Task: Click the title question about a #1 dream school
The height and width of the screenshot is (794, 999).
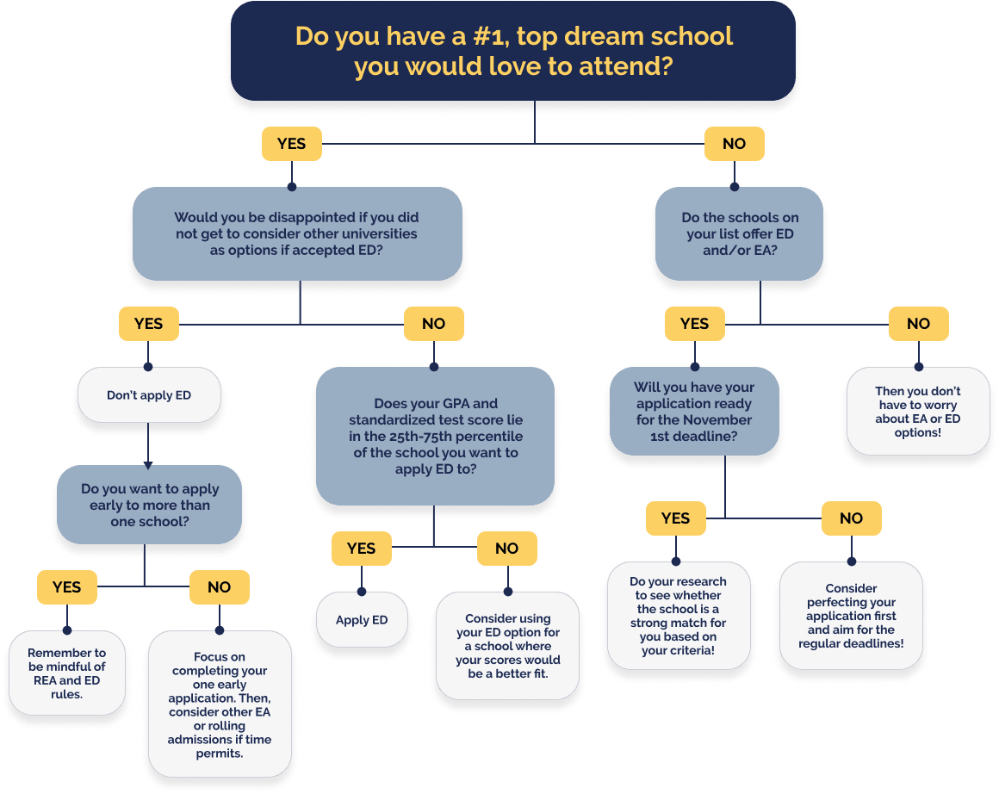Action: [x=513, y=52]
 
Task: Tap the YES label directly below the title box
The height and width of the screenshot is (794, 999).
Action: [x=291, y=144]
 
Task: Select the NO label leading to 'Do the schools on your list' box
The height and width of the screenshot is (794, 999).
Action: [x=734, y=144]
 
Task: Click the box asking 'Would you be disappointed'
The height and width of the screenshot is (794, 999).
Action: [x=297, y=233]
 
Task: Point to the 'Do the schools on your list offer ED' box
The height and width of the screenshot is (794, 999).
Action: [x=739, y=233]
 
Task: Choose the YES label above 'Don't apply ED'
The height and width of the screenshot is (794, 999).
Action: [x=148, y=324]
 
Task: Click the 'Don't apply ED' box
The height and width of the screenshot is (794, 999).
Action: [x=149, y=396]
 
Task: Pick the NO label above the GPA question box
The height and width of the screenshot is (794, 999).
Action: [x=434, y=324]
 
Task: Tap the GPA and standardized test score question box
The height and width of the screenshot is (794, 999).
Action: [x=435, y=437]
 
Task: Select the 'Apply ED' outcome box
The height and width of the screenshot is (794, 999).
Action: [x=362, y=620]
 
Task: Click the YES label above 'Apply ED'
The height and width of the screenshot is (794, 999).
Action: [x=361, y=549]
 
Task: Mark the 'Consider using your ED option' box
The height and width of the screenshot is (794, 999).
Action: [x=507, y=646]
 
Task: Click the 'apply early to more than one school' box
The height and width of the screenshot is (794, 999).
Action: [x=148, y=505]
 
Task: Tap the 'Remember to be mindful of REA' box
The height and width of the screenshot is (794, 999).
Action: [x=66, y=673]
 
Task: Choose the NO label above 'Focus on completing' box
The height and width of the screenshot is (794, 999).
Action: [x=220, y=587]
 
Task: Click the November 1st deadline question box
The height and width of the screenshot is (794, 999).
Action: [x=693, y=412]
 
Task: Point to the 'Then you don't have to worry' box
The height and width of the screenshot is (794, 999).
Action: [x=917, y=412]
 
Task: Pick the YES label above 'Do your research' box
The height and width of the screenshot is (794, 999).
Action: [x=676, y=518]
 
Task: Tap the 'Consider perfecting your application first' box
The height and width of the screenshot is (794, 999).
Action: [x=851, y=616]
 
